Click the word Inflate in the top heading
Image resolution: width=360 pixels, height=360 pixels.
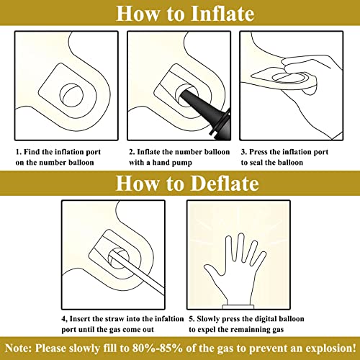pos(222,14)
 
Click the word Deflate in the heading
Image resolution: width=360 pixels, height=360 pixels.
pos(225,184)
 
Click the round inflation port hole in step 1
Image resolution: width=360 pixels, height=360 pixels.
pos(71,95)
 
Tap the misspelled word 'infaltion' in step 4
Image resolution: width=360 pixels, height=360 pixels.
pos(169,319)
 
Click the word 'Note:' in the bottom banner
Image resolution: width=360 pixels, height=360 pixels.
pos(18,348)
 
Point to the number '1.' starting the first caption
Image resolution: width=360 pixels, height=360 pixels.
pos(19,152)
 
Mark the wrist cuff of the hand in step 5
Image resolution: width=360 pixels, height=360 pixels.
pos(238,307)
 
